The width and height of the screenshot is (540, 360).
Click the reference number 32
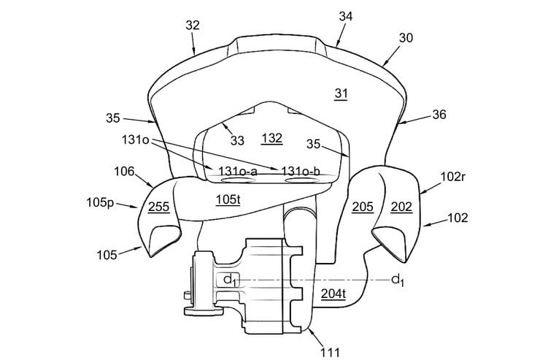click(193, 25)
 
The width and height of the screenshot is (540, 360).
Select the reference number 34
click(345, 16)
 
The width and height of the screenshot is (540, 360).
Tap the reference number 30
click(406, 37)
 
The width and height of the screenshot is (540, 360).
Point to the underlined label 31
click(341, 93)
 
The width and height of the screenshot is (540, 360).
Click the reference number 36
click(439, 115)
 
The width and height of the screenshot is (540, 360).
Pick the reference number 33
click(237, 140)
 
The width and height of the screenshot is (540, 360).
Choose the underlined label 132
click(272, 139)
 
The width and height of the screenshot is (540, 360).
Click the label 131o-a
click(238, 171)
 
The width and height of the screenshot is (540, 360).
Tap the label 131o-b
click(301, 171)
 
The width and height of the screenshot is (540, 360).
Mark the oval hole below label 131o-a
click(238, 180)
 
